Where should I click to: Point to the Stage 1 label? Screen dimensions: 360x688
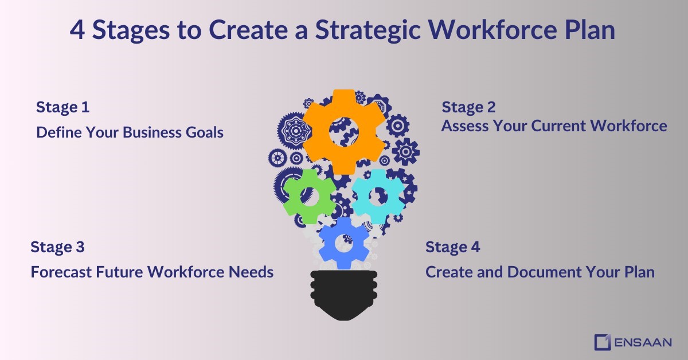click(x=62, y=107)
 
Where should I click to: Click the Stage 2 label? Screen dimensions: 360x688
click(x=468, y=107)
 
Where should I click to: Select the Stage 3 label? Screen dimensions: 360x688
click(x=57, y=247)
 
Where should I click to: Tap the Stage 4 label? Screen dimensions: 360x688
click(x=452, y=247)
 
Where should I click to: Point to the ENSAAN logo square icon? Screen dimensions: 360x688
click(x=602, y=342)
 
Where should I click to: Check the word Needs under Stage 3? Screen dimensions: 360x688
click(x=251, y=272)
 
